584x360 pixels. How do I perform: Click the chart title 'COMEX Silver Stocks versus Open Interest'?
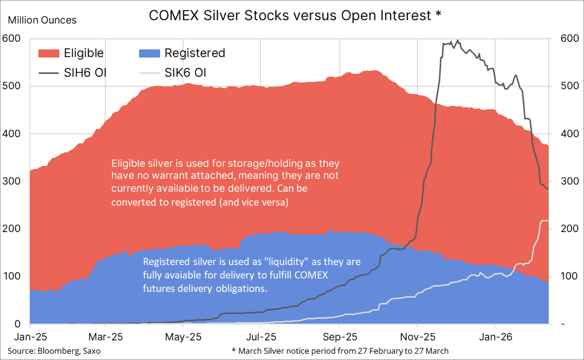[x=290, y=16]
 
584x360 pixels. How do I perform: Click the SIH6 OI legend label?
[x=85, y=73]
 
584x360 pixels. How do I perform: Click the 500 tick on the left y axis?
[x=11, y=86]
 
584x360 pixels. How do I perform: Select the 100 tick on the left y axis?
[x=11, y=276]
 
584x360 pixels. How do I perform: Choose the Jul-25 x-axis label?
[x=261, y=337]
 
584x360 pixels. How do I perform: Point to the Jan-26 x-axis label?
[x=494, y=337]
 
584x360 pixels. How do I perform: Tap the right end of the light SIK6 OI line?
[x=548, y=221]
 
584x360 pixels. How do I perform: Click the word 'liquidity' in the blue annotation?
[x=266, y=262]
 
